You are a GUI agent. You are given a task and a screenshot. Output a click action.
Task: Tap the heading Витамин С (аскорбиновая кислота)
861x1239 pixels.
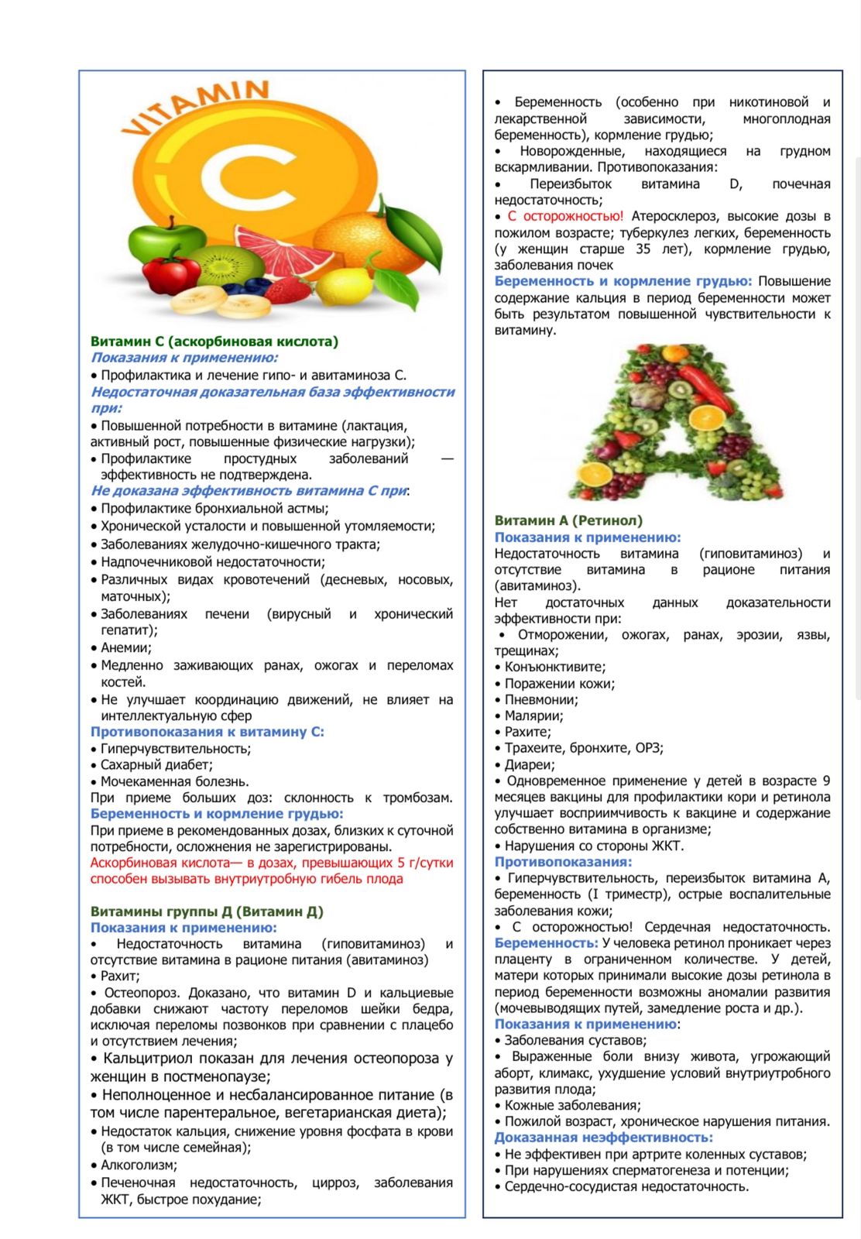click(x=214, y=341)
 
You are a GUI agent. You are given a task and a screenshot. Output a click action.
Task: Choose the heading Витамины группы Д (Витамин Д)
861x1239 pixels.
click(x=207, y=911)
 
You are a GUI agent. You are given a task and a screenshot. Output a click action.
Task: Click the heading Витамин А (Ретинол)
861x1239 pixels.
click(x=568, y=520)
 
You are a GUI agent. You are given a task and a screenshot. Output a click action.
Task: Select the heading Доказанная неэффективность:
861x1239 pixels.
click(x=603, y=1138)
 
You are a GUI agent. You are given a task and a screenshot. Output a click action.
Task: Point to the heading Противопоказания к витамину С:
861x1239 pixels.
click(x=207, y=732)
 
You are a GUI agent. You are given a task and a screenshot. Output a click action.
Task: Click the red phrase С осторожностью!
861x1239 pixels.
click(x=564, y=216)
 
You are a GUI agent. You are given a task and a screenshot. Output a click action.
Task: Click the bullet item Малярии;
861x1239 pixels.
click(x=533, y=716)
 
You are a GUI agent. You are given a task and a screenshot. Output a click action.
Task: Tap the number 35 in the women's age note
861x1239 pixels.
click(x=643, y=249)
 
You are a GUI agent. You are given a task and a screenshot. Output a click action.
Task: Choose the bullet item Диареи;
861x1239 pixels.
click(x=529, y=765)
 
